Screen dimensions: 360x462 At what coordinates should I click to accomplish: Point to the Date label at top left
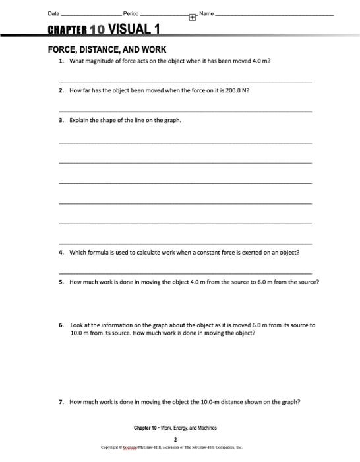(53, 15)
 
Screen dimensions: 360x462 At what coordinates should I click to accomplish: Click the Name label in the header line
(206, 15)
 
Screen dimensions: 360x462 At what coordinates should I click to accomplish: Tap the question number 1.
(61, 61)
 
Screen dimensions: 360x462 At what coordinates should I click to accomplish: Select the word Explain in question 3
(80, 121)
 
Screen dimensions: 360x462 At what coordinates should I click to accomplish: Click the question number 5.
(61, 282)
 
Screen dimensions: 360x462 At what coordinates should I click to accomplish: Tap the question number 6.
(61, 325)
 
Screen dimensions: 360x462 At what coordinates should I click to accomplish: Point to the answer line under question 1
(185, 81)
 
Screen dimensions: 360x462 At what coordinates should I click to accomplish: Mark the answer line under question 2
(185, 111)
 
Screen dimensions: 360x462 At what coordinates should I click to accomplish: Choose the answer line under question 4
(185, 272)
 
